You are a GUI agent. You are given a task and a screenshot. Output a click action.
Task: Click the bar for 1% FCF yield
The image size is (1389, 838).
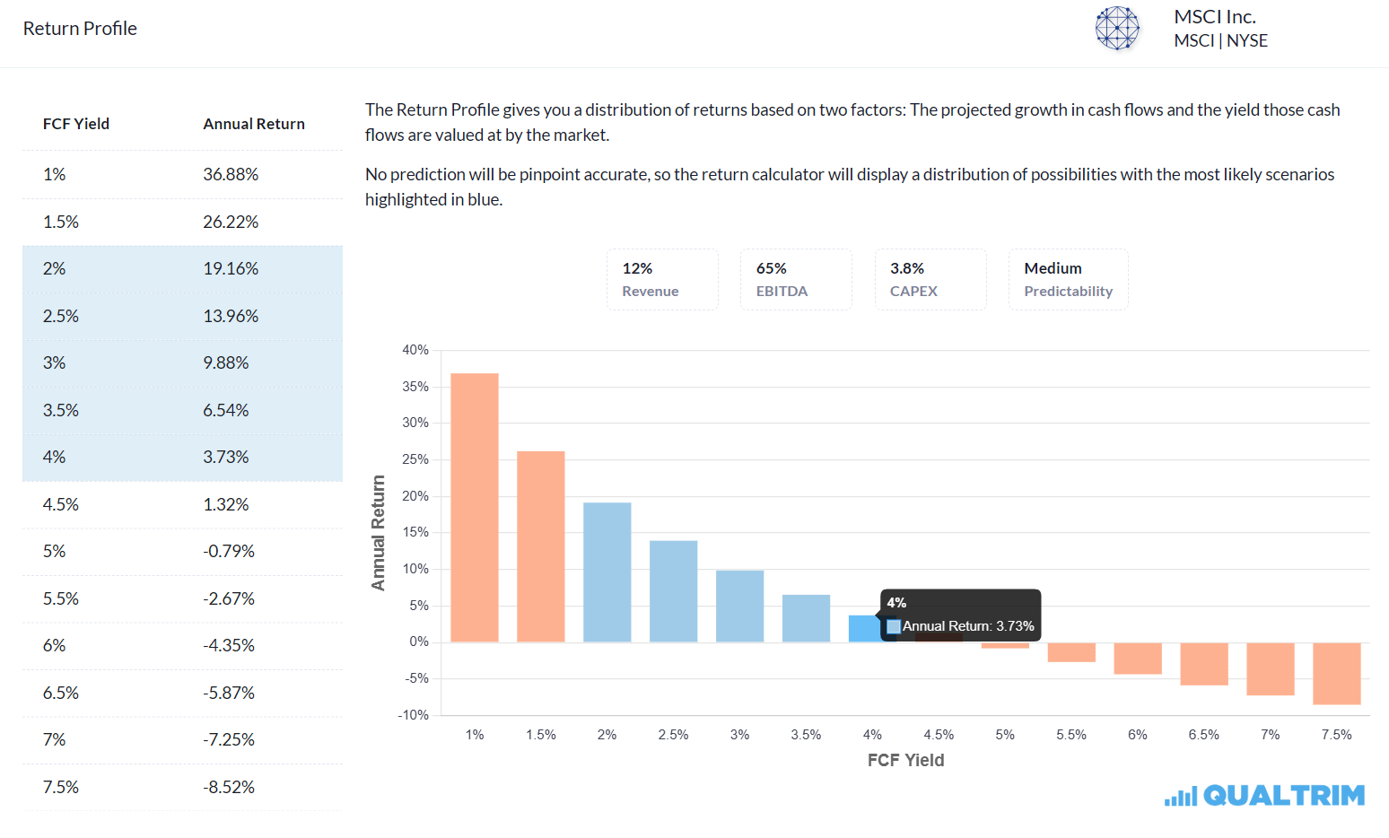pos(474,507)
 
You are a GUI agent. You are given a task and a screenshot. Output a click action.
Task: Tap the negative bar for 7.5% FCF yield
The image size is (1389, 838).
pos(1336,673)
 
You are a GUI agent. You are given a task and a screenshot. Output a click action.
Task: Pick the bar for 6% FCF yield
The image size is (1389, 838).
pos(1137,658)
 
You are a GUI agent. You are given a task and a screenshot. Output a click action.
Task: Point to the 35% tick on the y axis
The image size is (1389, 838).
pos(415,387)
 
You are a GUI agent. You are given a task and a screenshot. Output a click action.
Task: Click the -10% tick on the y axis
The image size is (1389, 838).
pos(414,715)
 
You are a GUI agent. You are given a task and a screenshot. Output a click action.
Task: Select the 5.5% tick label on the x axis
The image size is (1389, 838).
pos(1070,735)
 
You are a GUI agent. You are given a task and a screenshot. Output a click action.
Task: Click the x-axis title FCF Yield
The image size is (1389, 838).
pos(905,760)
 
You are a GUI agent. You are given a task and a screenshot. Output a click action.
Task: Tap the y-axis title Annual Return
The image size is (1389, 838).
pos(378,532)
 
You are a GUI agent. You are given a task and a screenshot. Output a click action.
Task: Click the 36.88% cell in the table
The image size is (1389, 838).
pos(231,174)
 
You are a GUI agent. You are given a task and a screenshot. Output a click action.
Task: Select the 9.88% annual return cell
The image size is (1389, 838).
pos(226,362)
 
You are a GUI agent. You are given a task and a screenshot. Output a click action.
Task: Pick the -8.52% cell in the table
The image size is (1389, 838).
pos(229,787)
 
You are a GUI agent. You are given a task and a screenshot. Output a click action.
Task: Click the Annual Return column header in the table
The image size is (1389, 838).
pos(254,124)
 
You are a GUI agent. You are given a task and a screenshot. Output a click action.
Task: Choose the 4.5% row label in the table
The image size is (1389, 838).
pos(61,504)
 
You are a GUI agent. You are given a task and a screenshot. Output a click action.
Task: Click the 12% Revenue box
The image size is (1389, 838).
pos(662,279)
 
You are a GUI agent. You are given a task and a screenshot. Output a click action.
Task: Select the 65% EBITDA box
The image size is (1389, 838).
pos(795,279)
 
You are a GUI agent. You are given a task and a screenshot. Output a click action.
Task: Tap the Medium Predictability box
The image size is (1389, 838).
pos(1068,279)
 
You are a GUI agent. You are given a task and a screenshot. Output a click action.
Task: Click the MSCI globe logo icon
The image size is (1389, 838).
pos(1117,28)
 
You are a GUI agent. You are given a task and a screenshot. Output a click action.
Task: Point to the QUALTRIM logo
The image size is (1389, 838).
pos(1264,796)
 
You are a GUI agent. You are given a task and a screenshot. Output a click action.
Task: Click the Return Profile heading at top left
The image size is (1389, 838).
pos(80,29)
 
